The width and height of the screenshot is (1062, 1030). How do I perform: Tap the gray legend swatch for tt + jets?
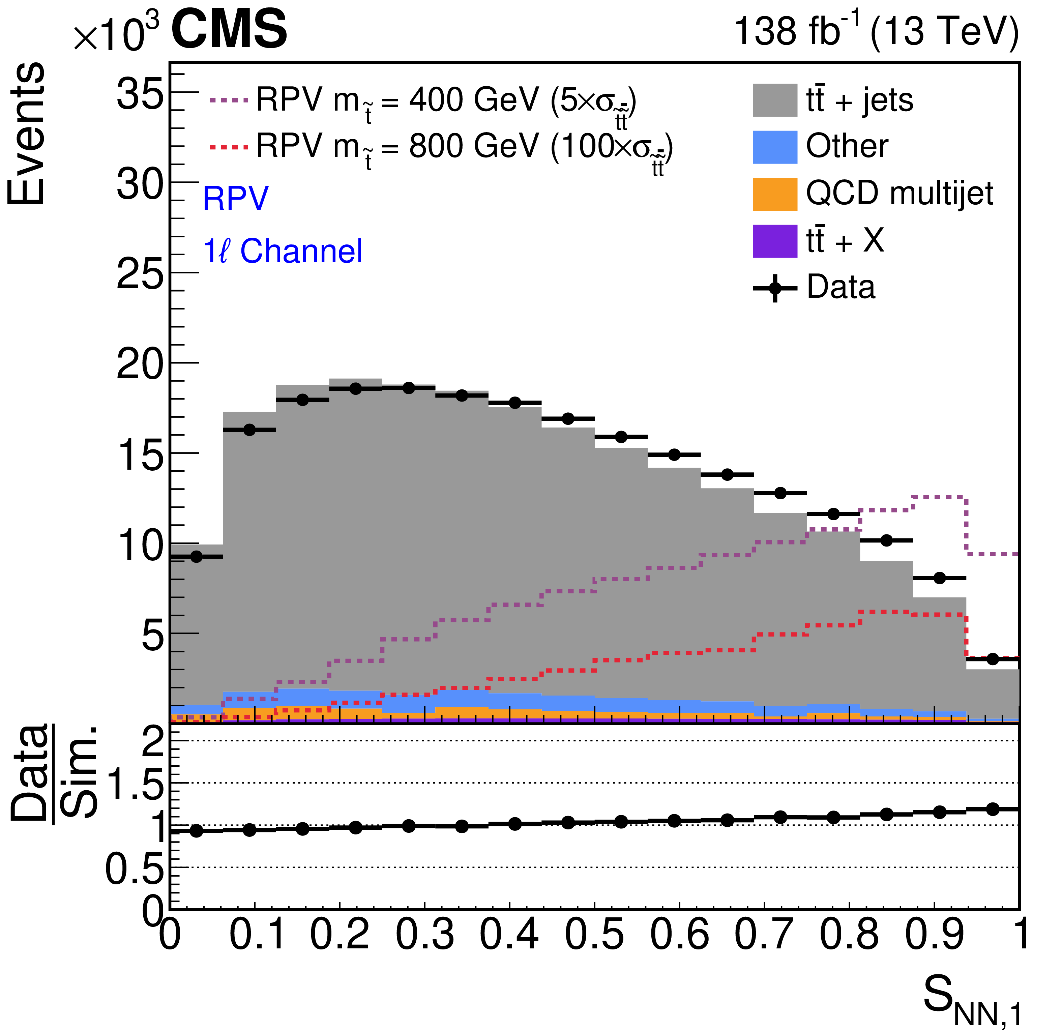point(774,100)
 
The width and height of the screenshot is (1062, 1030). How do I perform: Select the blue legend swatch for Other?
point(774,147)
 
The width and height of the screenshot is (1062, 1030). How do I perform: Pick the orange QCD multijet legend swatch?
point(774,194)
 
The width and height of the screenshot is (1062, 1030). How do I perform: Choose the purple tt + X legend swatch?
point(774,241)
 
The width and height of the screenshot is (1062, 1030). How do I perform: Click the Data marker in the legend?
point(775,288)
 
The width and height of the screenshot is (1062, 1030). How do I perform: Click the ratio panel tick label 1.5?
point(136,784)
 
